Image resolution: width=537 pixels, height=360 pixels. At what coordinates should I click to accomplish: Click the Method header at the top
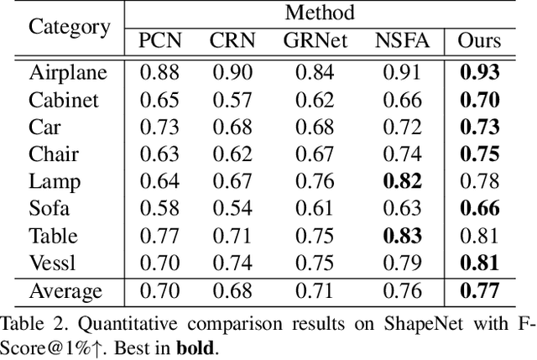coord(319,13)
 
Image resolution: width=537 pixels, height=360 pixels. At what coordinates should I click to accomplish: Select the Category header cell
coord(70,26)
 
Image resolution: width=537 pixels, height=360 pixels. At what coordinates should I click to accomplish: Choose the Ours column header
coord(479,40)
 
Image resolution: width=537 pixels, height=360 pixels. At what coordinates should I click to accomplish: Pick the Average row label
coord(65,292)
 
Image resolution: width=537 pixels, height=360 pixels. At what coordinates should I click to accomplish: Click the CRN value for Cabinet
coord(231,100)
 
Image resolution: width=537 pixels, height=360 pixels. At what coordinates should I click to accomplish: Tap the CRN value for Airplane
coord(231,73)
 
